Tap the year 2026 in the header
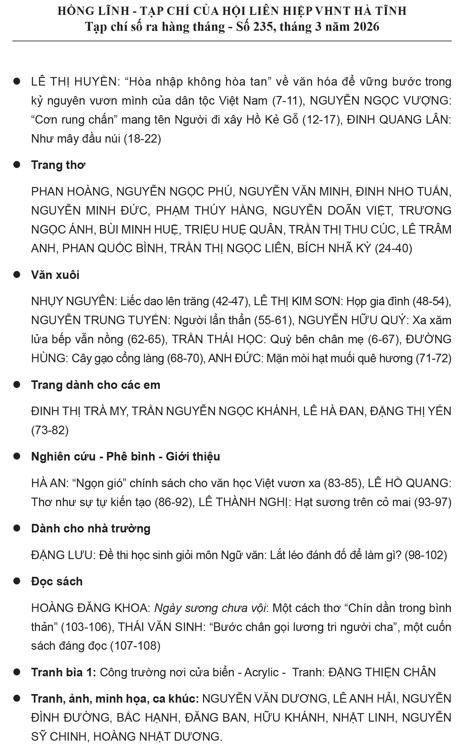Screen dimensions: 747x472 point(367,27)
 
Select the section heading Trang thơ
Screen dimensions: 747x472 point(58,165)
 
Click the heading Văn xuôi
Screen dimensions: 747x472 point(55,275)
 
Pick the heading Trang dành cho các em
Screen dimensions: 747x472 point(96,385)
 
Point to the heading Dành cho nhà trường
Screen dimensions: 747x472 point(91,528)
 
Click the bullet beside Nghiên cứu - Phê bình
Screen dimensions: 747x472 point(17,456)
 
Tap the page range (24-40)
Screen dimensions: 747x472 point(393,248)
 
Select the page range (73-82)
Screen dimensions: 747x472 point(50,430)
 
